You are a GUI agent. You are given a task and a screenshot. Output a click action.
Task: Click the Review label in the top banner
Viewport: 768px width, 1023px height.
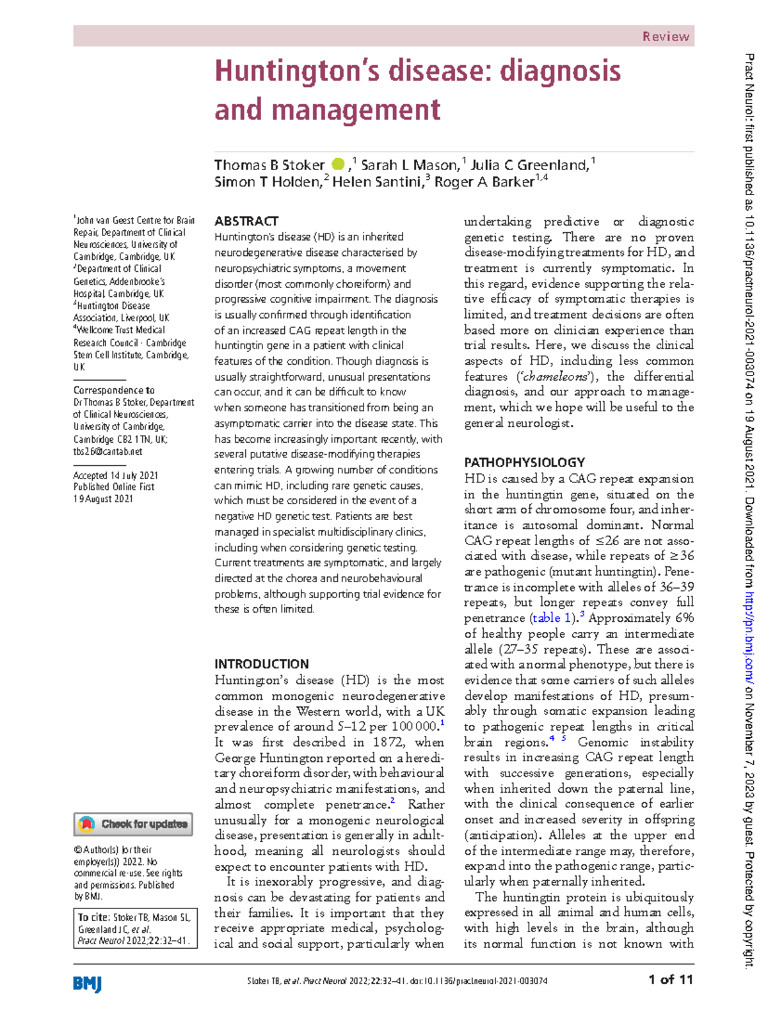[666, 36]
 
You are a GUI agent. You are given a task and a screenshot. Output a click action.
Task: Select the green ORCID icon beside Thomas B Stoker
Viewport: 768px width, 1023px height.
[338, 164]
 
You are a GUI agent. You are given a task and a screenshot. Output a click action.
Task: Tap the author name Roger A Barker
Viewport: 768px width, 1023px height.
[484, 182]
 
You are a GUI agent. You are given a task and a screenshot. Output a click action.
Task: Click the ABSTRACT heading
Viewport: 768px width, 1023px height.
[246, 221]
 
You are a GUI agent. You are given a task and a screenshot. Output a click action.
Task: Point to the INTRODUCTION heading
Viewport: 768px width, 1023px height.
[261, 664]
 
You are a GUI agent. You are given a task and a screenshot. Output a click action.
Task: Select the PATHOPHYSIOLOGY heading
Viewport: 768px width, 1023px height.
[524, 463]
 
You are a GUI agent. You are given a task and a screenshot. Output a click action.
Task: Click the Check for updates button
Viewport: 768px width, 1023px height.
[133, 824]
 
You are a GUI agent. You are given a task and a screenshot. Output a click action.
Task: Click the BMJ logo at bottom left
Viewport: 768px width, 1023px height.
[88, 983]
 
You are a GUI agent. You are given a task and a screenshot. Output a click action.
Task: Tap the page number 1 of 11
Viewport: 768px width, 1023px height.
[670, 979]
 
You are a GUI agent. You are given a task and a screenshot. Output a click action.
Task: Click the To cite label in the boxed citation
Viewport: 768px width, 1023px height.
[93, 917]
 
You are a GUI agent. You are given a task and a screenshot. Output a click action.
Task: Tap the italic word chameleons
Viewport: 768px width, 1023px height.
[555, 377]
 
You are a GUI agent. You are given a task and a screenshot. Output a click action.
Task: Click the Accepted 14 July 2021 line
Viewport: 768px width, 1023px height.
[115, 475]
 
